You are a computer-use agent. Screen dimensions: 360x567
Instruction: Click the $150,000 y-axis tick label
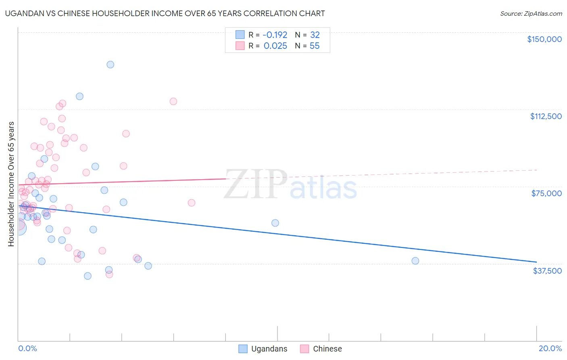pyautogui.click(x=544, y=39)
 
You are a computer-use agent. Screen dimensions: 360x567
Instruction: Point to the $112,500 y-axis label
pyautogui.click(x=546, y=116)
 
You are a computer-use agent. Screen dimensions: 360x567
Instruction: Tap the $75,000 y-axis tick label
pyautogui.click(x=546, y=193)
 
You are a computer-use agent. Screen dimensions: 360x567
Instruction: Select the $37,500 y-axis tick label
pyautogui.click(x=547, y=271)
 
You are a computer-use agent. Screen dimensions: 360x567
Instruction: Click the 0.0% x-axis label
pyautogui.click(x=27, y=348)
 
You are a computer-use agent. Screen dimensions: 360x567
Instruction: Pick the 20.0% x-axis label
pyautogui.click(x=550, y=348)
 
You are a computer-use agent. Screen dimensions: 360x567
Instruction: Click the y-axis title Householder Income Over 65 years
pyautogui.click(x=11, y=184)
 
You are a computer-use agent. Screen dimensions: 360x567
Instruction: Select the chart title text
pyautogui.click(x=165, y=13)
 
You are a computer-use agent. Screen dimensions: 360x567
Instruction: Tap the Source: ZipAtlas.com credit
pyautogui.click(x=531, y=13)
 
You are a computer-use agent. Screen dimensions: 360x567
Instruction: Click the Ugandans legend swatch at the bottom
pyautogui.click(x=243, y=349)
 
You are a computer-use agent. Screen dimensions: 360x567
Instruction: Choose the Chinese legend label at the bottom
pyautogui.click(x=327, y=349)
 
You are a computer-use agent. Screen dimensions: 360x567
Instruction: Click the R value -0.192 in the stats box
pyautogui.click(x=275, y=35)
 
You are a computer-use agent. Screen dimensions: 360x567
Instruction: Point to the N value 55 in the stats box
pyautogui.click(x=315, y=46)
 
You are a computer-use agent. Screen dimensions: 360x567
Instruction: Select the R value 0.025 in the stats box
pyautogui.click(x=275, y=46)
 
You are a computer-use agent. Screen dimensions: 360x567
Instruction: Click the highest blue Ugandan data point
pyautogui.click(x=110, y=65)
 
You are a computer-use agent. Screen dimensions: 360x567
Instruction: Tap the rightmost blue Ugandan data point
pyautogui.click(x=415, y=261)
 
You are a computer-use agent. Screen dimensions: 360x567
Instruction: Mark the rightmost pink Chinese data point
pyautogui.click(x=192, y=203)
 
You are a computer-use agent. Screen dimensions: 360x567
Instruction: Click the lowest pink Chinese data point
pyautogui.click(x=109, y=274)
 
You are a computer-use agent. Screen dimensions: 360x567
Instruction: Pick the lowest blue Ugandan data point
pyautogui.click(x=88, y=276)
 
